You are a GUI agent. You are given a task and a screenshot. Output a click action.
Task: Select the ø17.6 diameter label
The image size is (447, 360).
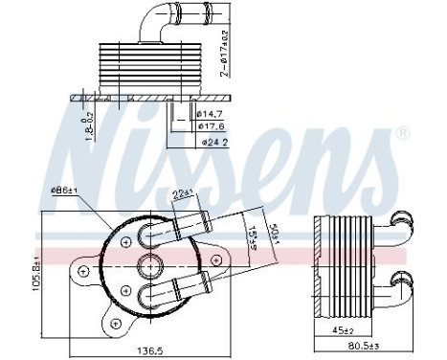click(x=212, y=125)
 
